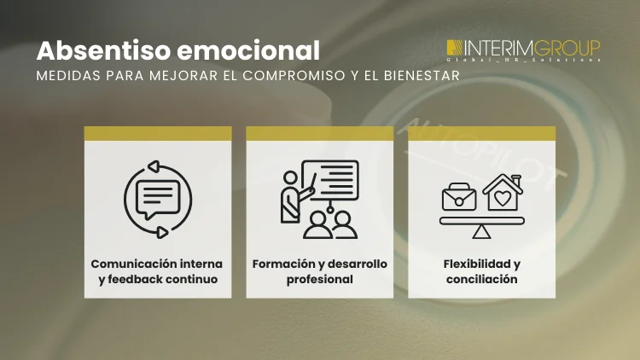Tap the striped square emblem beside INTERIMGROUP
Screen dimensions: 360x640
456,49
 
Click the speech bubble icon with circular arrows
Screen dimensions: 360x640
157,199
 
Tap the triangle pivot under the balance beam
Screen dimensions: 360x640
482,231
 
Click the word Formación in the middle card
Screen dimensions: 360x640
282,264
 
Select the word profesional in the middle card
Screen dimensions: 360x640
319,279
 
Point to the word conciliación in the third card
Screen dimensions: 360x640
482,279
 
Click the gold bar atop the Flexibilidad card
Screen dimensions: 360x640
481,133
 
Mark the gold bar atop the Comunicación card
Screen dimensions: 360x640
158,133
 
